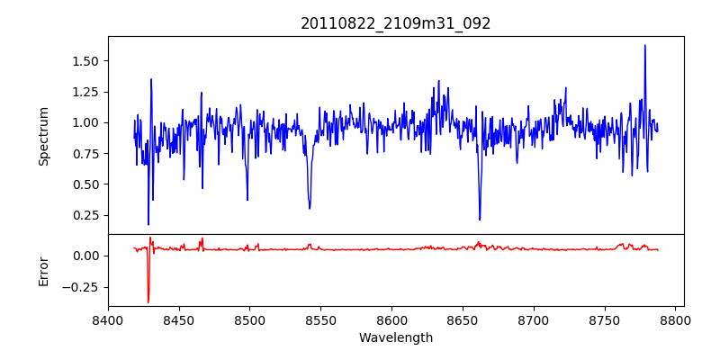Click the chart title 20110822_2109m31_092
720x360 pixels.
pyautogui.click(x=396, y=23)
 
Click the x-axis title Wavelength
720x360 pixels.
pyautogui.click(x=396, y=337)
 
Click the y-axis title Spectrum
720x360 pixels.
pyautogui.click(x=43, y=135)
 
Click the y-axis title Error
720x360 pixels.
pyautogui.click(x=43, y=270)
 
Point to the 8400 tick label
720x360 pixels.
pyautogui.click(x=108, y=319)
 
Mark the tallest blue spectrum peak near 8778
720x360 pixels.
pyautogui.click(x=644, y=45)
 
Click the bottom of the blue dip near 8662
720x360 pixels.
pyautogui.click(x=480, y=219)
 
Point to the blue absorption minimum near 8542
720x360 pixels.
pyautogui.click(x=310, y=209)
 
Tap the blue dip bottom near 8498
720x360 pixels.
pyautogui.click(x=247, y=200)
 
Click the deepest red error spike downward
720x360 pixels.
pyautogui.click(x=148, y=302)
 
